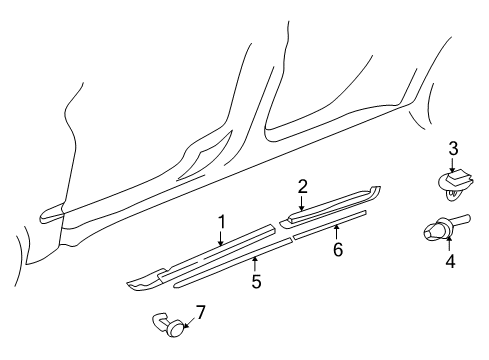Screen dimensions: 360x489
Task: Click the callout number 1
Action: point(222,221)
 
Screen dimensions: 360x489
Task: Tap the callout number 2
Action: point(302,185)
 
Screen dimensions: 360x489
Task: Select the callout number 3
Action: point(452,149)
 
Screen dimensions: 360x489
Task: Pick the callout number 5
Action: point(256,282)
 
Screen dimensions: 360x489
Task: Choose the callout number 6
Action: point(338,249)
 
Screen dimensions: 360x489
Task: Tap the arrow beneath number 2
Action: point(302,201)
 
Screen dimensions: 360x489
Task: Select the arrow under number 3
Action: point(452,164)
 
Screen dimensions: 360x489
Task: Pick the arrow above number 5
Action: point(255,265)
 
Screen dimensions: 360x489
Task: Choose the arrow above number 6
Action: point(336,232)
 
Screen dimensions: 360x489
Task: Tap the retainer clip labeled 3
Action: point(453,181)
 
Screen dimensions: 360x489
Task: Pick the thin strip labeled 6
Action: point(330,225)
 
